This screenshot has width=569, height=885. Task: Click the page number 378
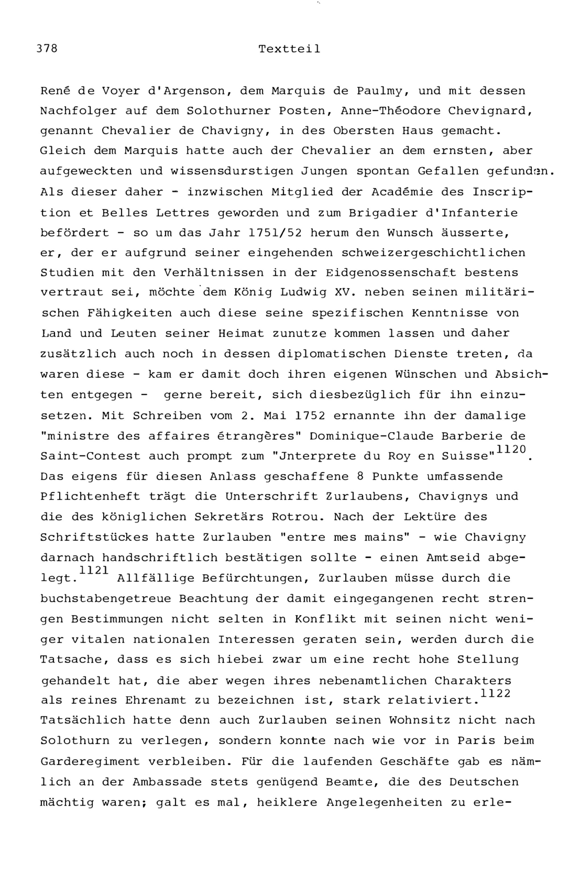(x=47, y=48)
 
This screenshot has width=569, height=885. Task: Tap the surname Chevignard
(x=490, y=111)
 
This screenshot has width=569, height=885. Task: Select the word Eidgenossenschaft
(x=391, y=273)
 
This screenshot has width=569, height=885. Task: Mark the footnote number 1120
(x=511, y=449)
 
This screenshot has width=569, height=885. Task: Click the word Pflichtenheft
(x=90, y=497)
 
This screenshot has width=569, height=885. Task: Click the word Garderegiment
(x=90, y=761)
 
